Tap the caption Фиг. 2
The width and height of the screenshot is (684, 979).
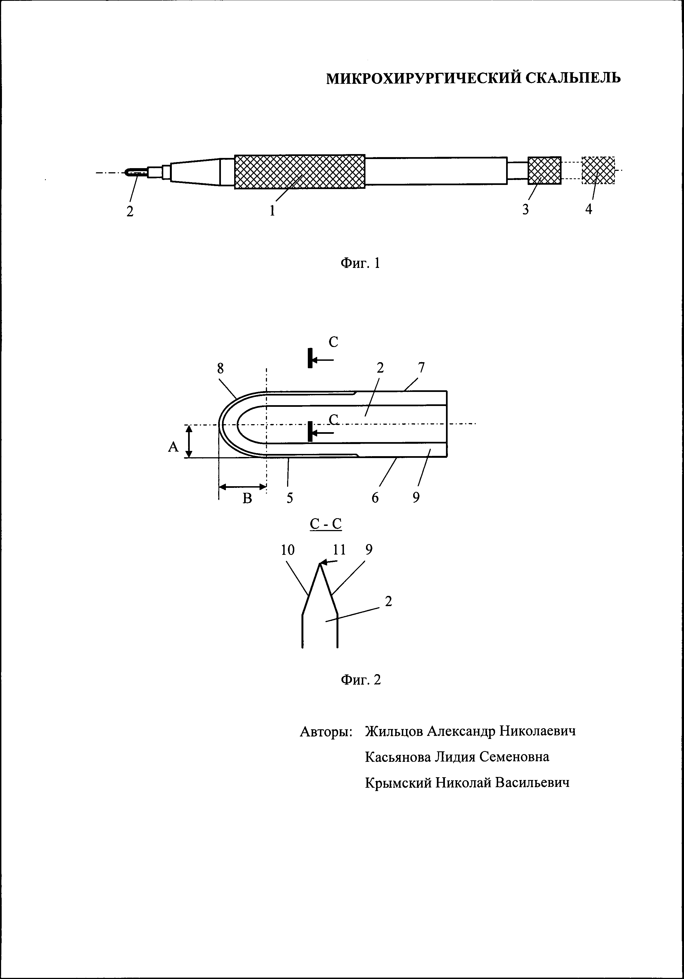[x=360, y=679]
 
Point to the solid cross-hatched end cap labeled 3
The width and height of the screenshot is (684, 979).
[x=544, y=170]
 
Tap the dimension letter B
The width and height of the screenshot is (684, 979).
[x=247, y=498]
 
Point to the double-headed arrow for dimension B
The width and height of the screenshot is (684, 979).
[x=242, y=486]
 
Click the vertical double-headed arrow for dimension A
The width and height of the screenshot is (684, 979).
[x=190, y=441]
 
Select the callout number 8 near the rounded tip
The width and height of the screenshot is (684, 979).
[x=220, y=369]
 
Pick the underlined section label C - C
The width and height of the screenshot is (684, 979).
[x=325, y=524]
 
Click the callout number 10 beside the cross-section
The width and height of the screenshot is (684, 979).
[x=288, y=550]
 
